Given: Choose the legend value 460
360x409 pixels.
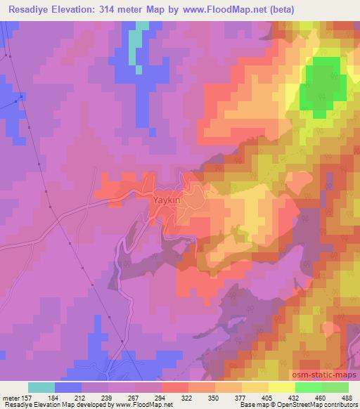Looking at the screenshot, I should (321, 398).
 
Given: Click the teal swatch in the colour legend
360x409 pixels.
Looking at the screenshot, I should (41, 387).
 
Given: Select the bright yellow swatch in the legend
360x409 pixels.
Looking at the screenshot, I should (281, 387).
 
